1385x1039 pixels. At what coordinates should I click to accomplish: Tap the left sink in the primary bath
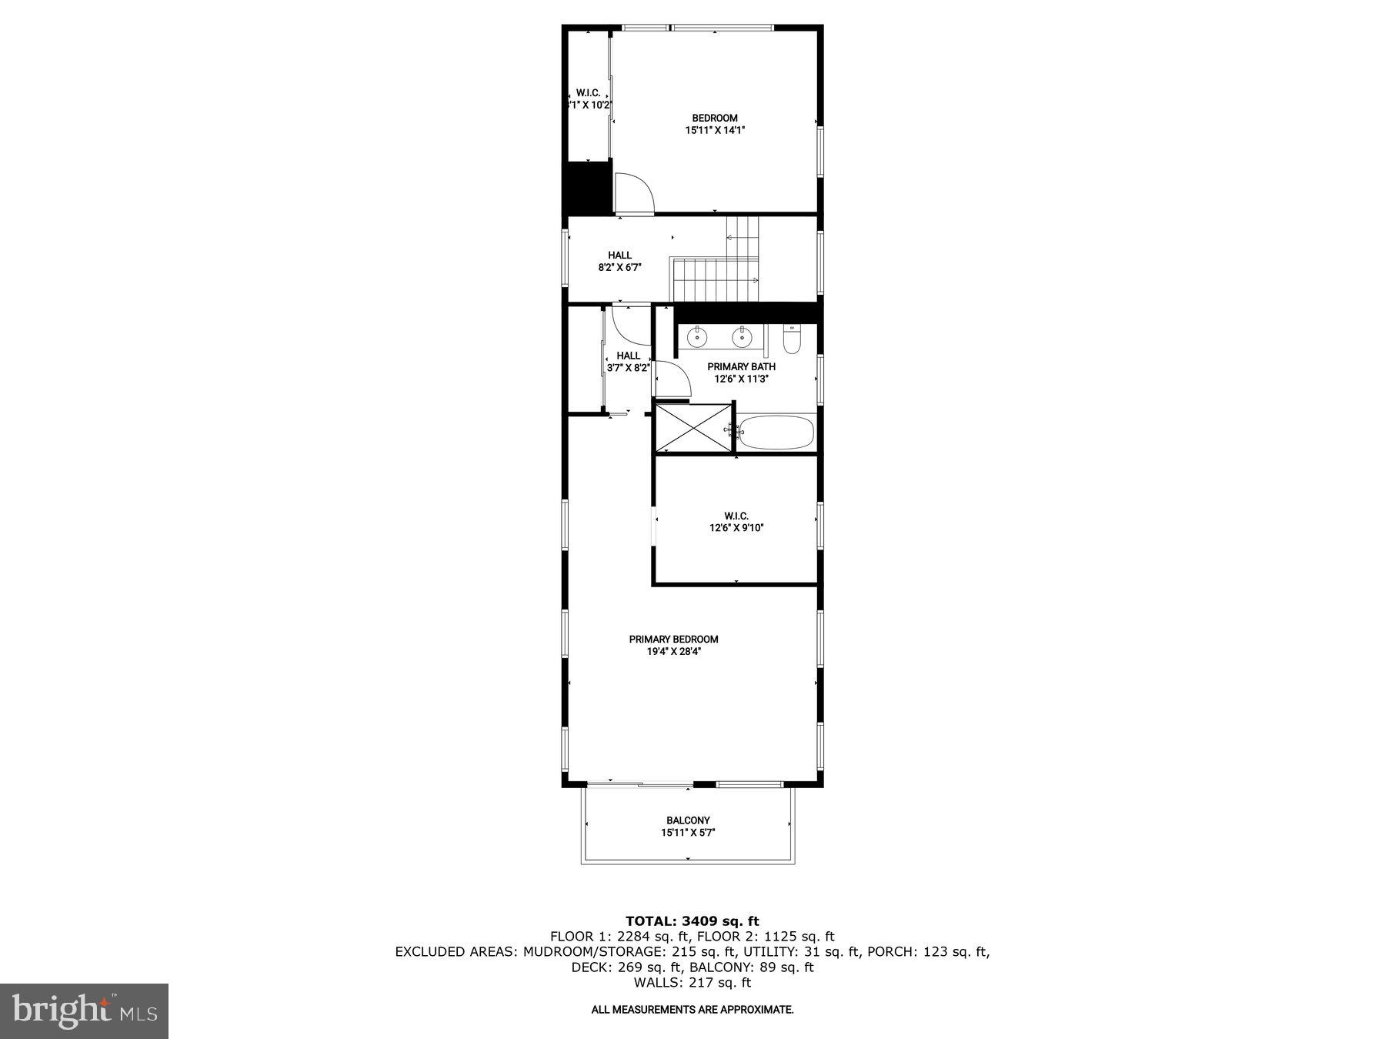tap(697, 337)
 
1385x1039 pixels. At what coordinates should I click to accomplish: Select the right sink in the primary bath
tap(742, 337)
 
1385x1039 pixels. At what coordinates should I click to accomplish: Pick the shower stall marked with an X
tap(692, 427)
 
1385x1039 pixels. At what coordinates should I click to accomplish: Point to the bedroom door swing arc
tap(634, 192)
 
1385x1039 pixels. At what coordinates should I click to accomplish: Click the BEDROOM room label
tap(715, 118)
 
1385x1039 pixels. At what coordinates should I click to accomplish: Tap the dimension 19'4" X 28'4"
tap(673, 651)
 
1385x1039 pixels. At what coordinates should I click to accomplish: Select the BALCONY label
tap(688, 820)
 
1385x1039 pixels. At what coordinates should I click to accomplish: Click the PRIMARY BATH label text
tap(741, 367)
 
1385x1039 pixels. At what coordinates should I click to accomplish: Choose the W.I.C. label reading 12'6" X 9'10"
tap(736, 528)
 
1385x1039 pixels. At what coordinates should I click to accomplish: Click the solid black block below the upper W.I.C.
tap(588, 189)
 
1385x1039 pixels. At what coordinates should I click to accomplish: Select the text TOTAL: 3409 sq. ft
tap(692, 920)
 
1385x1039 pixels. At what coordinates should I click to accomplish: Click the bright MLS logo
tap(84, 1011)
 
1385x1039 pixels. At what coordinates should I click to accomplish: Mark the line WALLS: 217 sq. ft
tap(692, 983)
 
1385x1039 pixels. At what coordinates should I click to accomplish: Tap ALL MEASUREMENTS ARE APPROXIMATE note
tap(692, 1009)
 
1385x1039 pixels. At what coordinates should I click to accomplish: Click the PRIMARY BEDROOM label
tap(673, 639)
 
